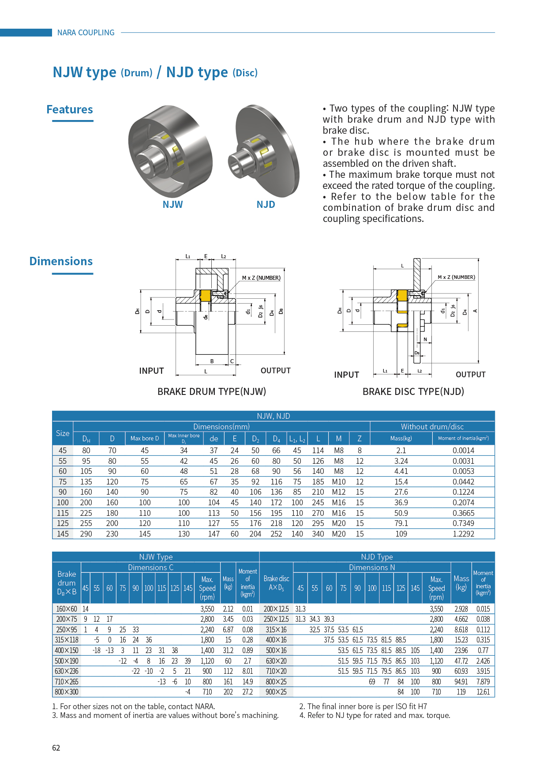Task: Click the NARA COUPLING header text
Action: tap(86, 33)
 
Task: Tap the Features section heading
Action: tap(70, 109)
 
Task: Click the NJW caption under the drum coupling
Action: tap(172, 205)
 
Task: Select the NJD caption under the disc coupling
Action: tap(266, 205)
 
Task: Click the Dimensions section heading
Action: tap(61, 261)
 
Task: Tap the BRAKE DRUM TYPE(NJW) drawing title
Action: tap(212, 391)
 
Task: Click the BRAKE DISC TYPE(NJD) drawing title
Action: tap(413, 391)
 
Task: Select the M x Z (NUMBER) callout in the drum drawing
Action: tap(261, 278)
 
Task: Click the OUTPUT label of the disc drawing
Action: tap(470, 375)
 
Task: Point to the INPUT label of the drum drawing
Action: tap(151, 371)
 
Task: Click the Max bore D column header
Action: tap(144, 439)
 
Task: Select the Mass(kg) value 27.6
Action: tap(401, 492)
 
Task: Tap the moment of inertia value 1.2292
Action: tap(463, 534)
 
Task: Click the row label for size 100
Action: tap(63, 503)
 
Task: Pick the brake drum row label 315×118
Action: tap(67, 640)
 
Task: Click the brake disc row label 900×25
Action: tap(276, 692)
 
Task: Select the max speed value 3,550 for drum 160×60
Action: tap(207, 609)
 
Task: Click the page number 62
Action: tap(56, 748)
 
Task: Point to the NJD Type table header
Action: tap(377, 557)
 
